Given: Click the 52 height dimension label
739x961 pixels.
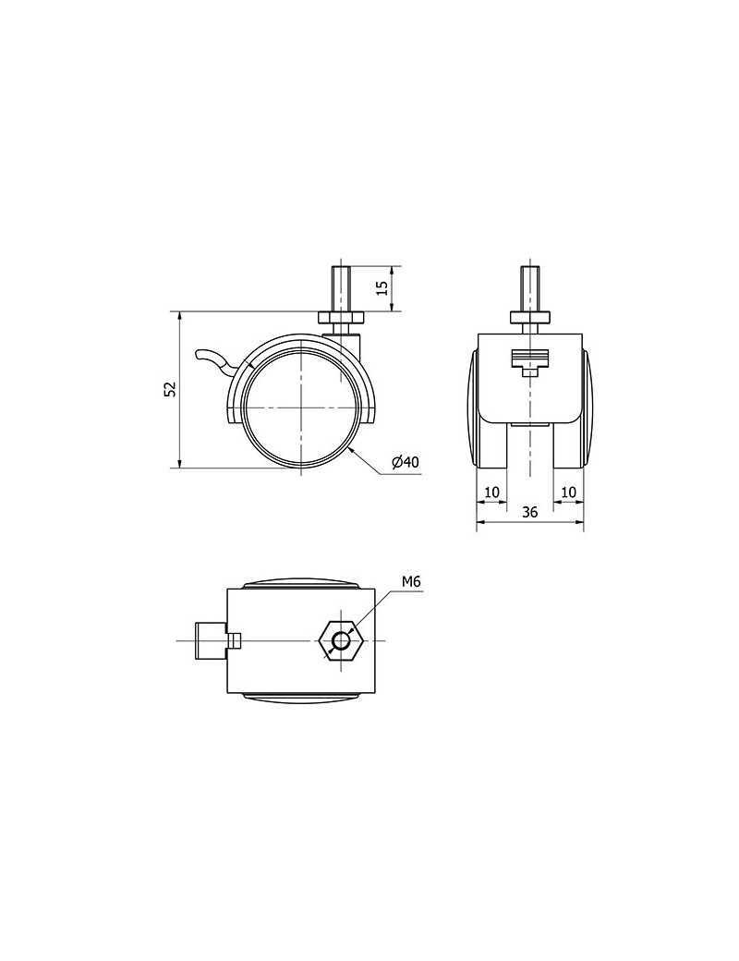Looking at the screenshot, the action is click(x=171, y=389).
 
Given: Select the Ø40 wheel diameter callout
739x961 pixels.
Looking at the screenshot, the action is click(x=405, y=462).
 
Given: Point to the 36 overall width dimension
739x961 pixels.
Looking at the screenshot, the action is click(x=530, y=512).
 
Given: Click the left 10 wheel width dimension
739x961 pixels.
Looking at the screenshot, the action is click(x=492, y=492).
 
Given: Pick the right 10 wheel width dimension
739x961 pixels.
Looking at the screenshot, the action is click(x=569, y=492).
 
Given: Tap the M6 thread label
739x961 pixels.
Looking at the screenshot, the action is click(x=412, y=581).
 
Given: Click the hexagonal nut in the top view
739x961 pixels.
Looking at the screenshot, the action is click(x=338, y=640).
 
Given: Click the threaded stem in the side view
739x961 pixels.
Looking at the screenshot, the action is click(x=340, y=288).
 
